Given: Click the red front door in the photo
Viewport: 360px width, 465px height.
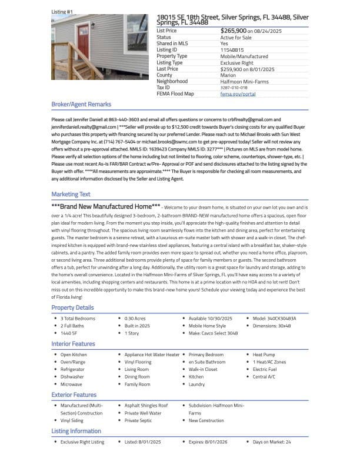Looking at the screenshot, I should point(85,45).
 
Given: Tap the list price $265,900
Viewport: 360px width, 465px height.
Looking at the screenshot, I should point(234,31).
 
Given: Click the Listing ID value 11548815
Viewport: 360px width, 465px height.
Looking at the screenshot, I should point(232,50).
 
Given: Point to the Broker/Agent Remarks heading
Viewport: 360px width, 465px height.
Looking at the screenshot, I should point(81,104).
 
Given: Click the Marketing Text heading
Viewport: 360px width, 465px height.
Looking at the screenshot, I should point(71,194).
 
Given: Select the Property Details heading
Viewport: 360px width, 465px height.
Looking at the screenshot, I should point(72,307).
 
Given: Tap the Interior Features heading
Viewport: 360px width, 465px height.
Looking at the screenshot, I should point(73,343).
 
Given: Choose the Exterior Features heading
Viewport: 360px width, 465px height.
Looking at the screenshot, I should point(74,395).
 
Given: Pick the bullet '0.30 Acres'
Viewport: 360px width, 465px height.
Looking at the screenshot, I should point(135,319).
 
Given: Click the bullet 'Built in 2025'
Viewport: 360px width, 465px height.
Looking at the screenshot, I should point(137,326).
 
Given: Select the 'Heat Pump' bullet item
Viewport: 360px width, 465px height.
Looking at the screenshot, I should point(264,354).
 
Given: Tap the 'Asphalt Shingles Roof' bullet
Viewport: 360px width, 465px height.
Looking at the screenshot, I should point(146,406).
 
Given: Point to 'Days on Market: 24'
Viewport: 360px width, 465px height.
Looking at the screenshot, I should point(272,441).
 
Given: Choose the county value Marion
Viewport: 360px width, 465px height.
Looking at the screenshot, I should point(228,75).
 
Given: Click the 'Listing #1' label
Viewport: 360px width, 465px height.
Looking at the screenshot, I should point(62,12).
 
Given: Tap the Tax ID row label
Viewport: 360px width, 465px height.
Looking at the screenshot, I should point(164,88).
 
